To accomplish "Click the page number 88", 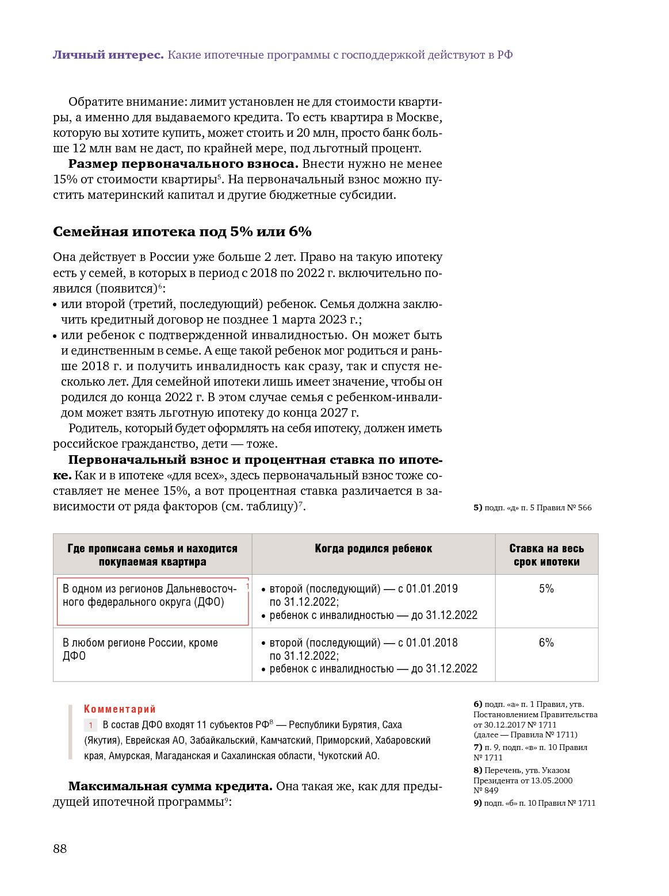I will [60, 849].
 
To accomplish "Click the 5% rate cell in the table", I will [546, 589].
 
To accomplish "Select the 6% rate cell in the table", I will [546, 643].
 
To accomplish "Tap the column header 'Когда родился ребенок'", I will [373, 549].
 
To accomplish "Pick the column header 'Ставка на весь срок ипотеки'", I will [546, 555].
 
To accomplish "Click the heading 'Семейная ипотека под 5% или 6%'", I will [182, 232].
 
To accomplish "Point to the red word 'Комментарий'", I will [120, 709].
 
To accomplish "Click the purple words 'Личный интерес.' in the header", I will [108, 55].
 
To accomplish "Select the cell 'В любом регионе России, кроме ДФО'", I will [140, 649].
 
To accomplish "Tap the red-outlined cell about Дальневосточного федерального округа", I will [152, 601].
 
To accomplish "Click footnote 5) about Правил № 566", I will [532, 507].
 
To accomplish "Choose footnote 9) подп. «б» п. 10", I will [534, 803].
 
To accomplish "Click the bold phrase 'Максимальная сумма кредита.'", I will [170, 786].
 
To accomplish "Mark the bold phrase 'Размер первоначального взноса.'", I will [183, 164].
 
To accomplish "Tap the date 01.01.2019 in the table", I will [431, 589].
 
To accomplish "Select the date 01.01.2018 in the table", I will [431, 643].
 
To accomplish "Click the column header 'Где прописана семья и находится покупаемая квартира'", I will [152, 555].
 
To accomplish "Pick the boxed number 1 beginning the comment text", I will [91, 725].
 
